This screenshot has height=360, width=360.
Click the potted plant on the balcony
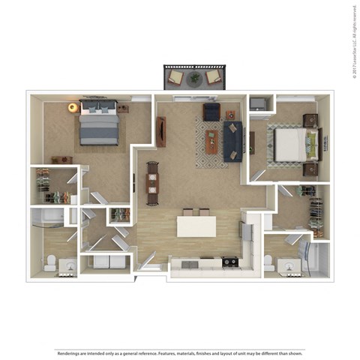point(195,77)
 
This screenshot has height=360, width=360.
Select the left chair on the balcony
point(176,77)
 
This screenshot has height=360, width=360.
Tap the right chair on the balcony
point(214,77)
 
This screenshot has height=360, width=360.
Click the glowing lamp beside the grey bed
point(73,108)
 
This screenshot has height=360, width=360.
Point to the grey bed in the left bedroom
point(98,124)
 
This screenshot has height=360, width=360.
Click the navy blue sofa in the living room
point(232,141)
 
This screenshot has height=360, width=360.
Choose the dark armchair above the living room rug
point(211,112)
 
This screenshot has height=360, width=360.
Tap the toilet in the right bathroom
point(269,263)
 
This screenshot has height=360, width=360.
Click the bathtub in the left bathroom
point(49,217)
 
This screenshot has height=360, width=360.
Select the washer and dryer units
point(105,262)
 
